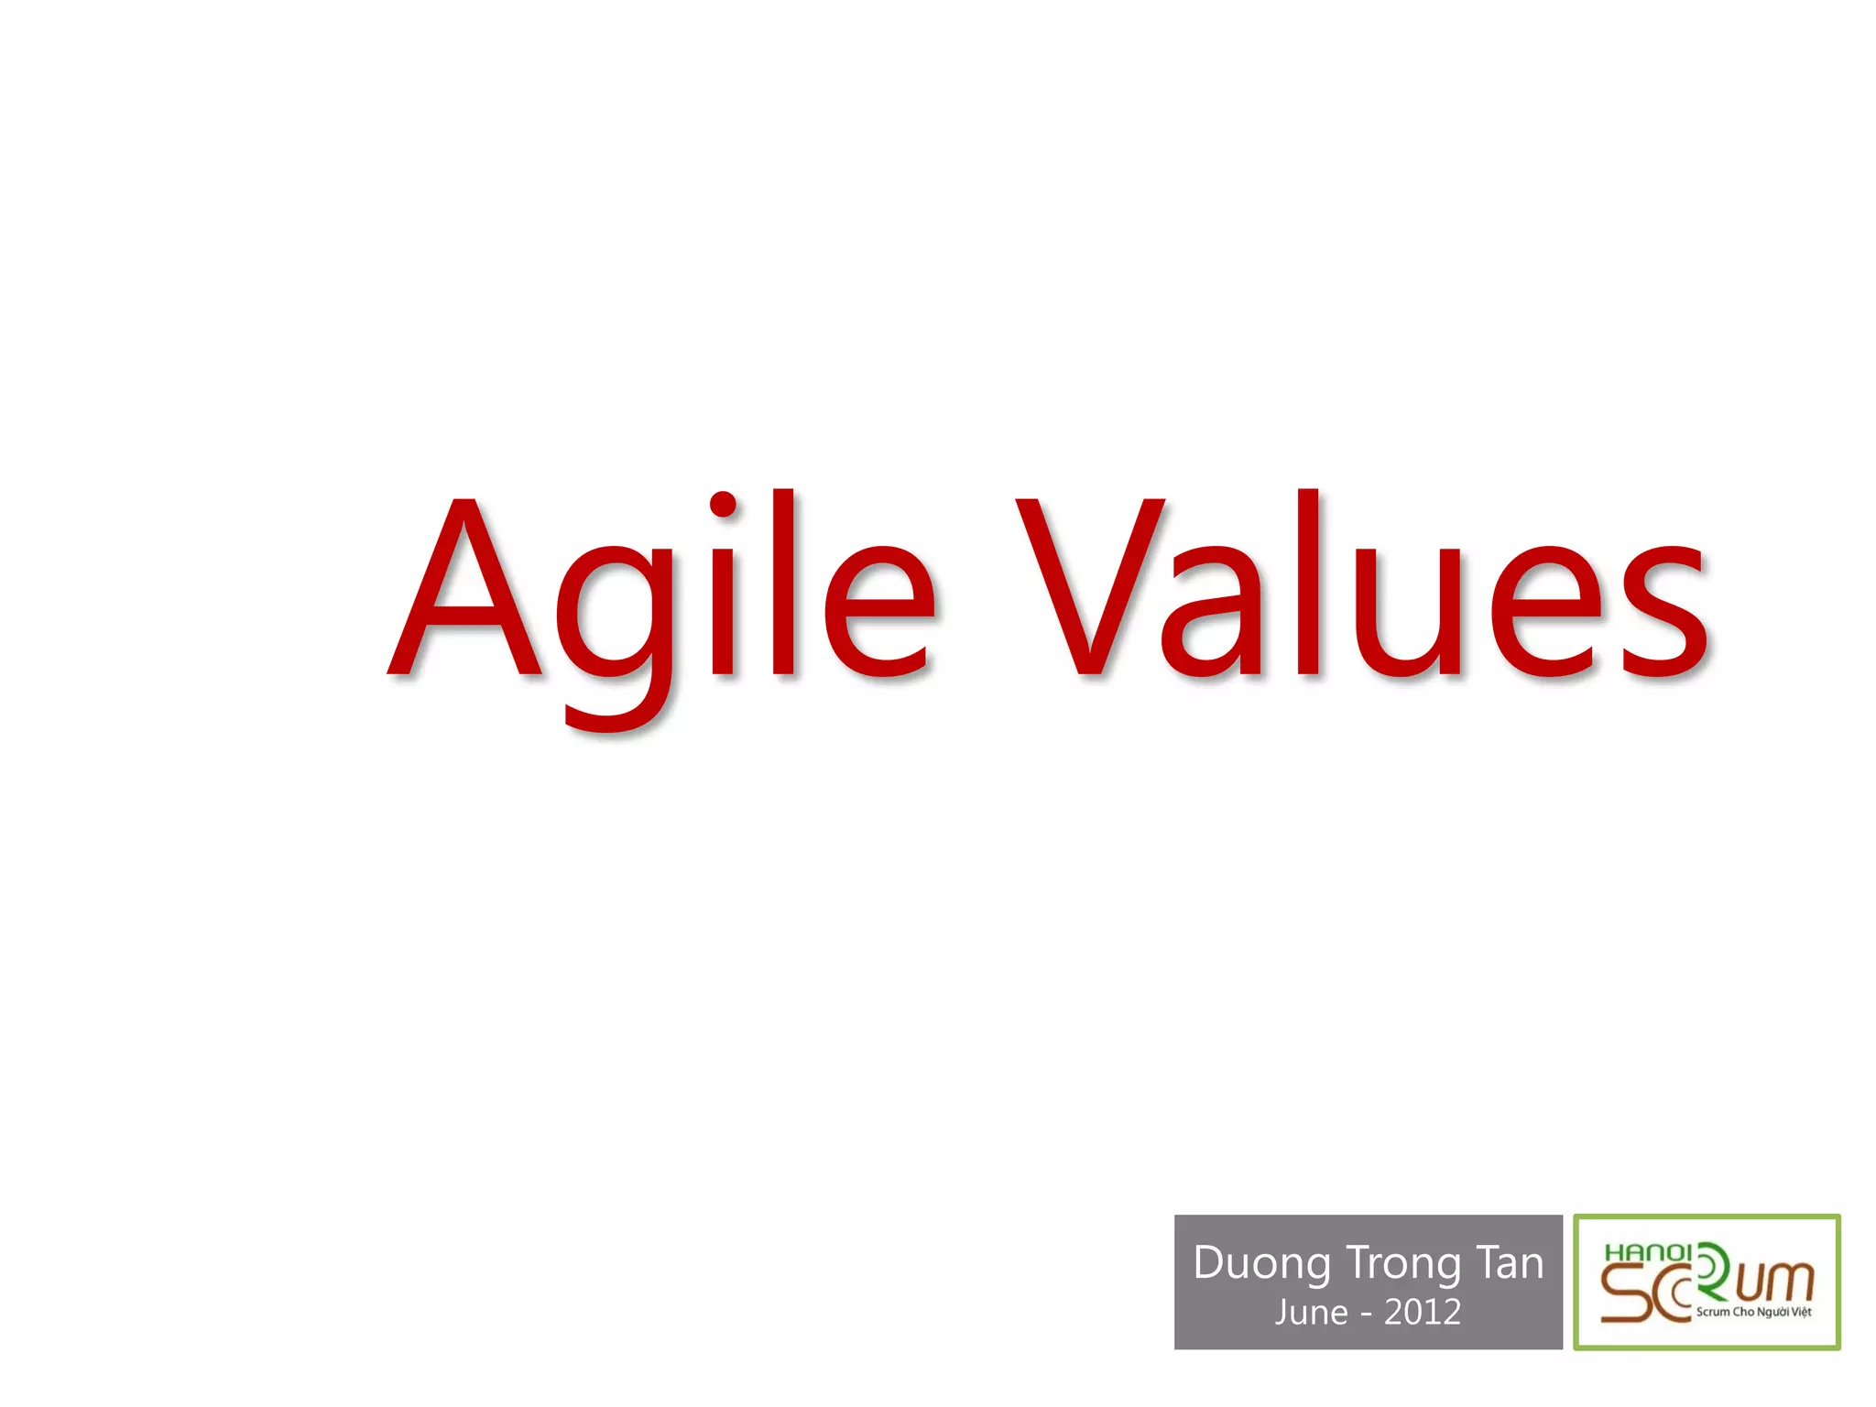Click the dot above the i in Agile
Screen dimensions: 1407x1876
coord(723,505)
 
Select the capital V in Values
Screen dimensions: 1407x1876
coord(1090,586)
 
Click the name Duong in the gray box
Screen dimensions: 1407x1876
coord(1260,1264)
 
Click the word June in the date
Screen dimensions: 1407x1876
coord(1311,1313)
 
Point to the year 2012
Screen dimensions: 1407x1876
coord(1423,1313)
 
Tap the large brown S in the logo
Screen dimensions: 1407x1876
coord(1626,1293)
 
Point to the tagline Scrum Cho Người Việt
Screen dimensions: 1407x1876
coord(1753,1312)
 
